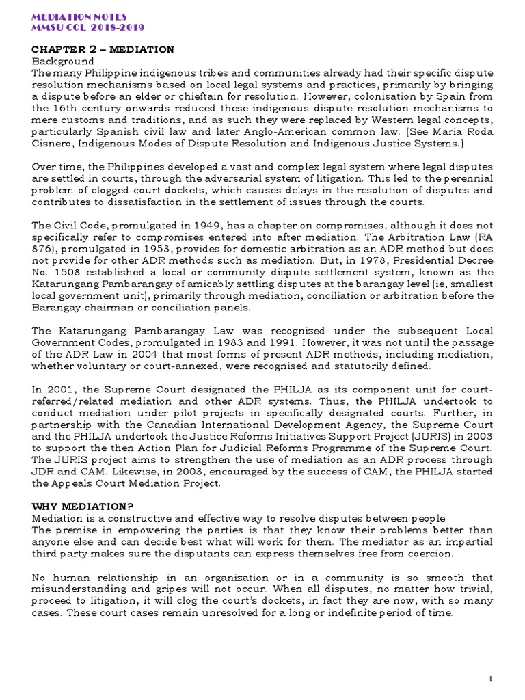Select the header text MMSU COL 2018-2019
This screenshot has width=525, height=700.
click(x=88, y=27)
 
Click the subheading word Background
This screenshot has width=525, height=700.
click(x=60, y=62)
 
